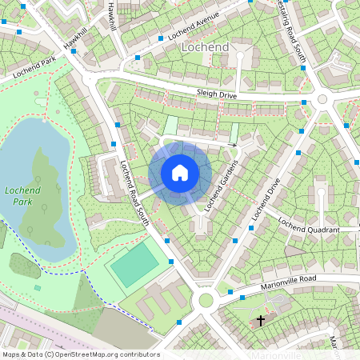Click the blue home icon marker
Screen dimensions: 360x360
[x=180, y=173]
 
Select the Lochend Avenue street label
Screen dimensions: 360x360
[x=193, y=26]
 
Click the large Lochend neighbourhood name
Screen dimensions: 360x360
[x=206, y=47]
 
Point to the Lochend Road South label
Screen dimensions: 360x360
[x=134, y=193]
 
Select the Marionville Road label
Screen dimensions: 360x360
[x=289, y=282]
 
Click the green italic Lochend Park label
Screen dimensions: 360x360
[x=17, y=196]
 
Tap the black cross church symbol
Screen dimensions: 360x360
[x=260, y=321]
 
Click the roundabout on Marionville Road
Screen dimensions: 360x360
[x=206, y=301]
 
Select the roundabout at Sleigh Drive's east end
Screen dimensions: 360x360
[x=322, y=99]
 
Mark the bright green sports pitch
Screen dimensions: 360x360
[x=134, y=265]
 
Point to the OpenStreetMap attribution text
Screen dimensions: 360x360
[x=80, y=354]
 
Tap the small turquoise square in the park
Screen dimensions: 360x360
[x=37, y=287]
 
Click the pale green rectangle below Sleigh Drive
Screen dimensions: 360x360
[x=170, y=126]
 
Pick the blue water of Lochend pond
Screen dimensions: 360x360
[x=24, y=152]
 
